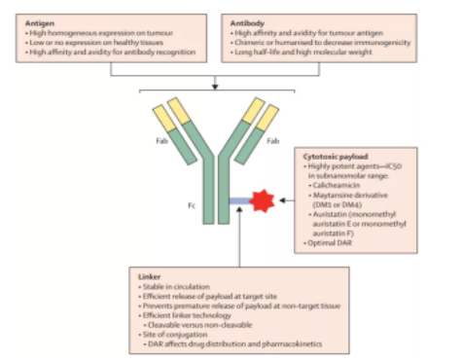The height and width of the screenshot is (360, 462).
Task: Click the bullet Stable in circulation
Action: (x=175, y=287)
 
